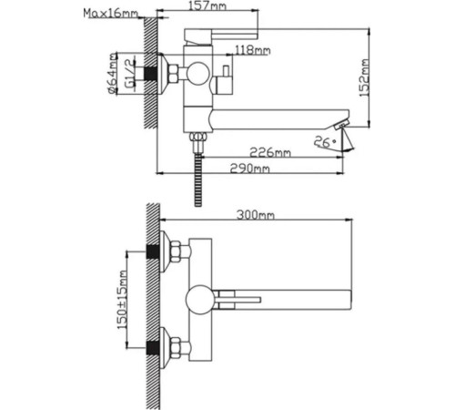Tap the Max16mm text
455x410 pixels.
coord(110,14)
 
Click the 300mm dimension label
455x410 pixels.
coord(256,215)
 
